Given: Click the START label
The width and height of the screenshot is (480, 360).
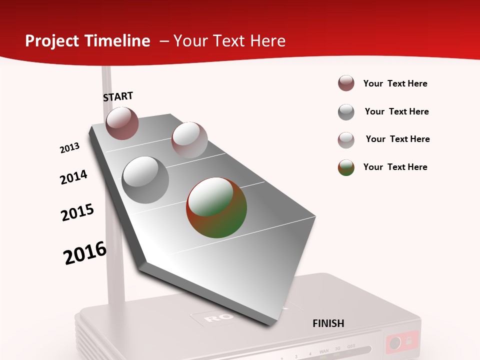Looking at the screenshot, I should [118, 96].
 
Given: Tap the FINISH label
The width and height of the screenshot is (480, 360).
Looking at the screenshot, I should [328, 323].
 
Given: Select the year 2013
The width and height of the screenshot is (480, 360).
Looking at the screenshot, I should [70, 148].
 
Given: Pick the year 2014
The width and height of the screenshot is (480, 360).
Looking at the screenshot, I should [73, 177].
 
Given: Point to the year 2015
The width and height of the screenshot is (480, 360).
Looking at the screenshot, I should [77, 212].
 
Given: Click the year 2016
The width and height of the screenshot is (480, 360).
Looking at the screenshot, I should [85, 253].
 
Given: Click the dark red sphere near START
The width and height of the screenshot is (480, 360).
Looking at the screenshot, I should [122, 123].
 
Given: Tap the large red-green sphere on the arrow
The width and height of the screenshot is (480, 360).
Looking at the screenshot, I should [216, 207].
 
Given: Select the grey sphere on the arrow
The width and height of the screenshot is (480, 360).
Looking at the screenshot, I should [145, 179].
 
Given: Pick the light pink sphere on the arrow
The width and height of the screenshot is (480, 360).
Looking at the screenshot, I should [189, 140].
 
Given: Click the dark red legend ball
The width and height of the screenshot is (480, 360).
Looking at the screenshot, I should [346, 83].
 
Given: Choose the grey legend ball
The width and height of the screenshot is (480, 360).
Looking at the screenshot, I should [346, 112].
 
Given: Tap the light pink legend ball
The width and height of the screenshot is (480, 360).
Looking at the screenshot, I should [346, 140].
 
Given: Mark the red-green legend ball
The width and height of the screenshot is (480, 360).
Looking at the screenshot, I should [346, 167].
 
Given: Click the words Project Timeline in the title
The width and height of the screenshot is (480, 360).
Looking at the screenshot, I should [87, 41].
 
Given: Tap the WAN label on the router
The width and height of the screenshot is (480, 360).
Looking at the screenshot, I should [323, 353].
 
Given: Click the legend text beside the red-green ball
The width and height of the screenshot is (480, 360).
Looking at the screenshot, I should [395, 167].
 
